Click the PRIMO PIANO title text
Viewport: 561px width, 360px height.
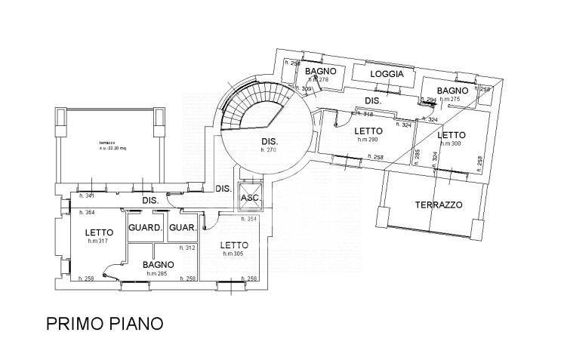point(104,324)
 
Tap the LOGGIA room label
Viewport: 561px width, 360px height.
point(387,74)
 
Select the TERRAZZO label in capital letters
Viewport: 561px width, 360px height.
point(438,205)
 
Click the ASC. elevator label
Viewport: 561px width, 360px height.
point(249,198)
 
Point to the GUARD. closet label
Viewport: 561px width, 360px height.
point(145,228)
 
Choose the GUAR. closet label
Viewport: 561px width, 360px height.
point(183,228)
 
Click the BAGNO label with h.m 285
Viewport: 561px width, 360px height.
point(159,265)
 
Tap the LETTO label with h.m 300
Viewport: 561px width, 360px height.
point(451,135)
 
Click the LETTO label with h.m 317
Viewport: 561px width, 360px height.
point(98,232)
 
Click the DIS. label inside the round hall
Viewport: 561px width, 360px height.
point(270,141)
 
